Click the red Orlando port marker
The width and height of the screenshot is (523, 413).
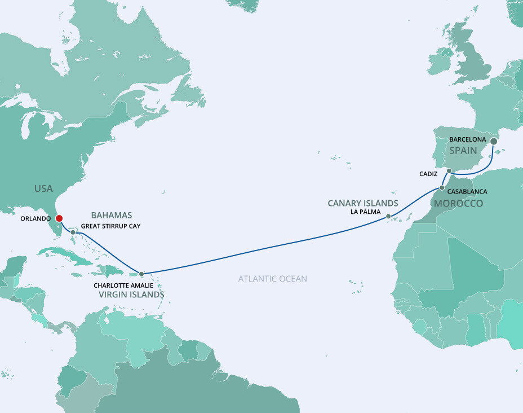coord(59,218)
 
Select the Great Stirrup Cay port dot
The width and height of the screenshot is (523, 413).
coord(73,232)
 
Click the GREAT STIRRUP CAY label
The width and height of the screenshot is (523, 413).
coord(111,226)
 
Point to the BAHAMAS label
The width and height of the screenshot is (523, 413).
coord(111,215)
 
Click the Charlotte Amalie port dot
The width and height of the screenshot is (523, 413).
coord(141,274)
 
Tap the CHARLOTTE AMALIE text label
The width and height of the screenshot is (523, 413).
coord(123,285)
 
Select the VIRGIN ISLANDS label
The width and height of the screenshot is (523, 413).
coord(131,295)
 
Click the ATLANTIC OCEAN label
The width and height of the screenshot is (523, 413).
coord(273,279)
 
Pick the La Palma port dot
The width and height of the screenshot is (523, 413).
coord(388,216)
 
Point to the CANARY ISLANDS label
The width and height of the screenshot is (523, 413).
coord(363,203)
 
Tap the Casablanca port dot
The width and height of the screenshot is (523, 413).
coord(442,187)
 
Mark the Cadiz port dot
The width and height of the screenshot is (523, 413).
coord(449,170)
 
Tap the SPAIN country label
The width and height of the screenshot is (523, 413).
coord(463,151)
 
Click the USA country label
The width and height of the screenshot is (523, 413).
coord(43,188)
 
